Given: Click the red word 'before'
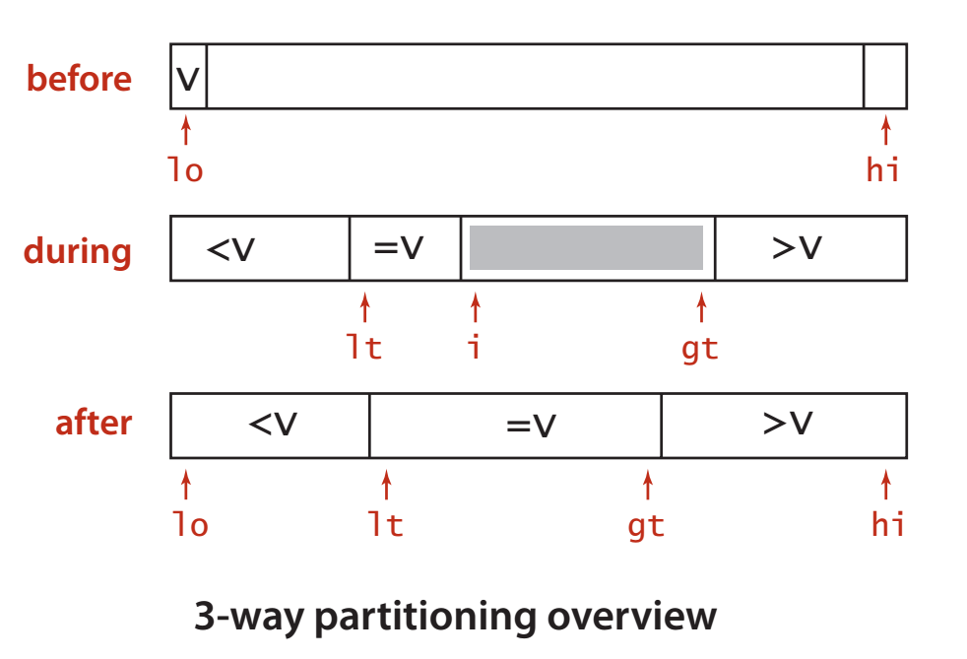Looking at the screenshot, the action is [79, 79].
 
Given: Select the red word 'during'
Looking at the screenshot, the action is [78, 252].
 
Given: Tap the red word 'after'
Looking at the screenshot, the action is [94, 423].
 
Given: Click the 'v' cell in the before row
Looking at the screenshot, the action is [189, 77].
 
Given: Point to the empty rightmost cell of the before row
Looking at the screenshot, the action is [885, 77].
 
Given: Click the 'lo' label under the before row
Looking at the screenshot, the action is [185, 169].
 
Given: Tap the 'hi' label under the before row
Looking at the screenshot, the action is [883, 169].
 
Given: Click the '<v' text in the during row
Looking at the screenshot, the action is [230, 249].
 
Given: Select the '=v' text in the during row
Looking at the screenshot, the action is [399, 248].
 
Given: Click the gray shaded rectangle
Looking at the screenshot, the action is [587, 247].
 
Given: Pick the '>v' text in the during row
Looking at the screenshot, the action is [797, 248].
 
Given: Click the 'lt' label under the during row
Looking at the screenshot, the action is [364, 347].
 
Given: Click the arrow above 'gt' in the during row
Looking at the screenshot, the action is [701, 307].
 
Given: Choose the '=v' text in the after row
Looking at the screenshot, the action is [531, 426].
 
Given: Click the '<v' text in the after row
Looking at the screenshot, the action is [273, 424].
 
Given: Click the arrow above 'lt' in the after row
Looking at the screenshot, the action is [387, 485].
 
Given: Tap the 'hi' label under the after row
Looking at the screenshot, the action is [888, 524].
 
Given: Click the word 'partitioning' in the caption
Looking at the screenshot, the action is [425, 617].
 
